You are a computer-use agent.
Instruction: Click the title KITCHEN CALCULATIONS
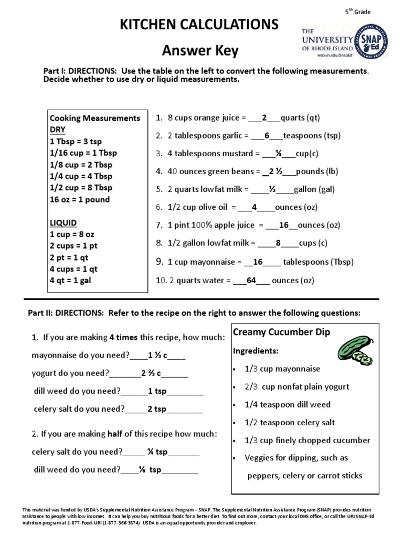tap(199, 25)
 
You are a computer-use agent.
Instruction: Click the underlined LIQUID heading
tap(62, 223)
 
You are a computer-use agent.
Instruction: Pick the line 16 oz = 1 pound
tap(80, 199)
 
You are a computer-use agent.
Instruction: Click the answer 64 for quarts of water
tap(251, 281)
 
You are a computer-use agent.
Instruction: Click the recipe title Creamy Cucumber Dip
tap(281, 332)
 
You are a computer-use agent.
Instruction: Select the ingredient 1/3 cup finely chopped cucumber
tap(307, 440)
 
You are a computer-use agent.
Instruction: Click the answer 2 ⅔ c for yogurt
tap(151, 373)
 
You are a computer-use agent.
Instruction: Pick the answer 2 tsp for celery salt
tap(157, 409)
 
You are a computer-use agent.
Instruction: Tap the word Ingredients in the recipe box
tap(256, 350)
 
